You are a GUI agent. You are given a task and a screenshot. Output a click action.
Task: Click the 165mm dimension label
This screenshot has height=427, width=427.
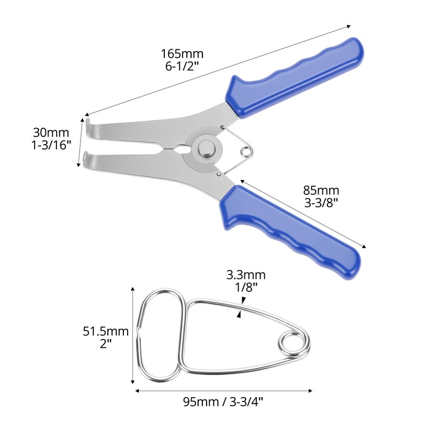tap(183, 54)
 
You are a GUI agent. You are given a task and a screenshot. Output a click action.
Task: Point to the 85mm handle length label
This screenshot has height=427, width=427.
tap(321, 191)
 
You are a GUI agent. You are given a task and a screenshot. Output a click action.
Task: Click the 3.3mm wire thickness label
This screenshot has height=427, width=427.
tap(246, 275)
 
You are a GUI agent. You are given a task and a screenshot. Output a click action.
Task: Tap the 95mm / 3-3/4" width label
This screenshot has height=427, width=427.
tap(223, 401)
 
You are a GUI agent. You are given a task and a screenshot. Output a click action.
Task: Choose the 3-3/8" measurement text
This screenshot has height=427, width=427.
tap(321, 203)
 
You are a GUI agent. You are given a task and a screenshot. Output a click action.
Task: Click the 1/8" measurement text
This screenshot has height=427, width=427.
tap(246, 288)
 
